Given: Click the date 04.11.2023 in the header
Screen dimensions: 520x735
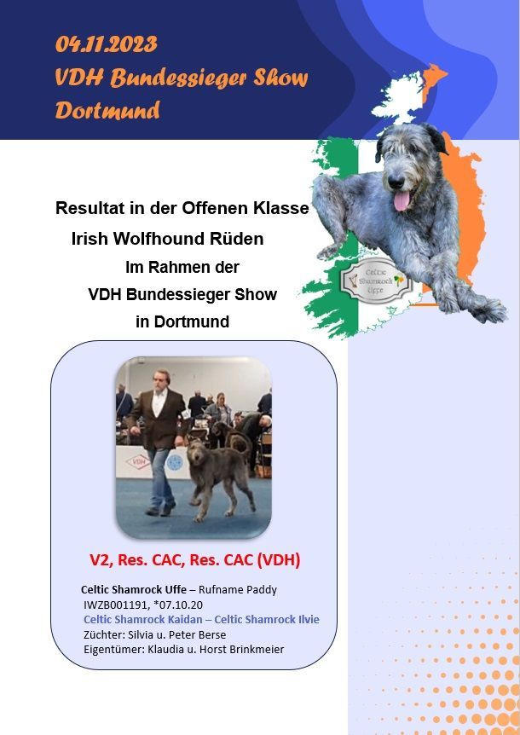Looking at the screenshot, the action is click(107, 44).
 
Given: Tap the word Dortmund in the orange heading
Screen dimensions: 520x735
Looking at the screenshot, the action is click(107, 111).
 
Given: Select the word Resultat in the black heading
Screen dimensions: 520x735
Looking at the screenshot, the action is click(91, 208).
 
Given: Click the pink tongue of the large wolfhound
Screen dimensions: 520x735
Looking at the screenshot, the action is click(402, 200).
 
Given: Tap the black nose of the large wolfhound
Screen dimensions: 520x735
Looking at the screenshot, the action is click(396, 182).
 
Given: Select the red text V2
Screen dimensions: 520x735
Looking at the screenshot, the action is click(101, 559).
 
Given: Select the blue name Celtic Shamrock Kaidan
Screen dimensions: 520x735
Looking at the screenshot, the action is click(143, 619).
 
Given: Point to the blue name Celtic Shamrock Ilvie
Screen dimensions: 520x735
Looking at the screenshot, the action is click(267, 619).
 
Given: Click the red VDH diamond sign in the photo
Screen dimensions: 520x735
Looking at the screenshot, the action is click(138, 461).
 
